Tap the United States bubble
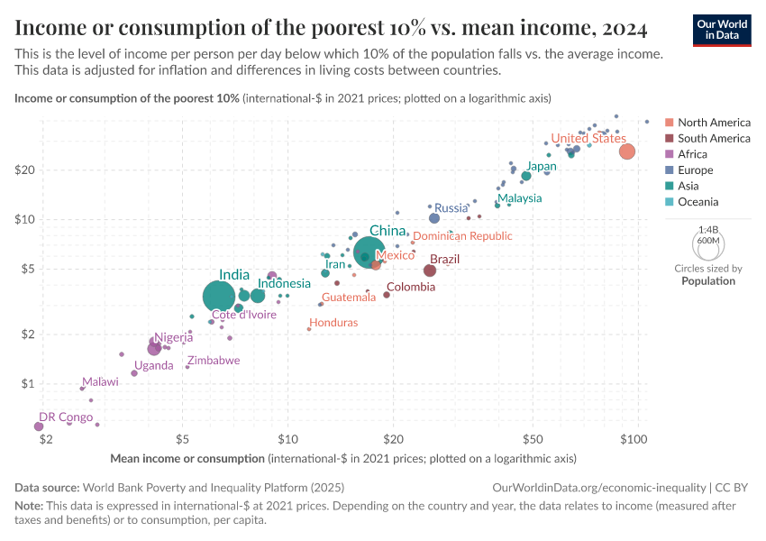point(627,151)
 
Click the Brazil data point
point(430,270)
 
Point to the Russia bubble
point(434,218)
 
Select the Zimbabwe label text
point(214,361)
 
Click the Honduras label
point(333,323)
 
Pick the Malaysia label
point(520,198)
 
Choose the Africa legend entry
point(692,154)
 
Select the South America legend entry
point(714,138)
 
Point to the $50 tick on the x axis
point(532,440)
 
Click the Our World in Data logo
point(722,30)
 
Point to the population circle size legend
point(707,243)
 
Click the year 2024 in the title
point(621,29)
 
